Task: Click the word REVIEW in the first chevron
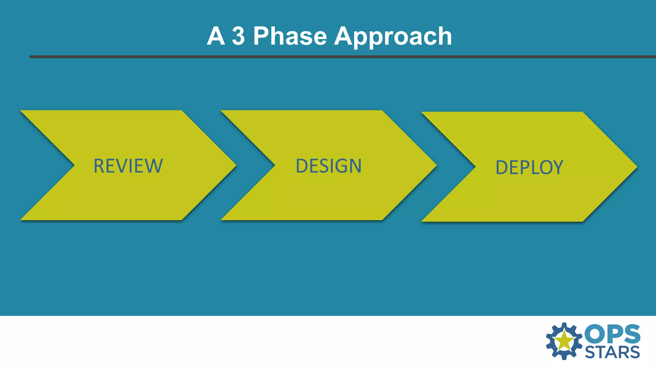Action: coord(128,166)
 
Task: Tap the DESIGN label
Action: coord(329,166)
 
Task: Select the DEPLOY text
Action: coord(529,168)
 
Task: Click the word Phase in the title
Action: coord(290,36)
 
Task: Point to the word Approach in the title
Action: coord(393,37)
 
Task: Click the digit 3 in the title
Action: coord(238,36)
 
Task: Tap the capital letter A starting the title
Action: coord(216,36)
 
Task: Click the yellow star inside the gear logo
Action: coord(564,340)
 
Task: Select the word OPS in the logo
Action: coord(612,334)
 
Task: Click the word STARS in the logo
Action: coord(612,353)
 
